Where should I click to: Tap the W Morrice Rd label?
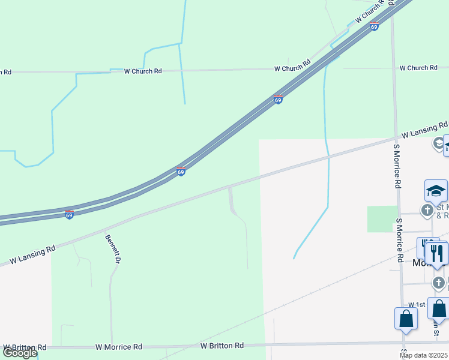[119, 347]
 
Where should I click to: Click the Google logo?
[20, 353]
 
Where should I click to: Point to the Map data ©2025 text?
[424, 355]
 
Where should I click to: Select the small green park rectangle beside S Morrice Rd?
[382, 218]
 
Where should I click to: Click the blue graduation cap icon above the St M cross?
[436, 192]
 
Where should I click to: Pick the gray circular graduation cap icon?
[438, 144]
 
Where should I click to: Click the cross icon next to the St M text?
[427, 210]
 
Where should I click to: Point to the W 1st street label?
[417, 305]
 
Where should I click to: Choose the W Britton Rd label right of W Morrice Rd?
[222, 346]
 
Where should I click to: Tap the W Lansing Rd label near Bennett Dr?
[33, 254]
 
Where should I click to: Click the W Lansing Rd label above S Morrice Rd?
[424, 129]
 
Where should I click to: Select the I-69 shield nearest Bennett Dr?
[70, 214]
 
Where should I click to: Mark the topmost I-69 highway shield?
[375, 27]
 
